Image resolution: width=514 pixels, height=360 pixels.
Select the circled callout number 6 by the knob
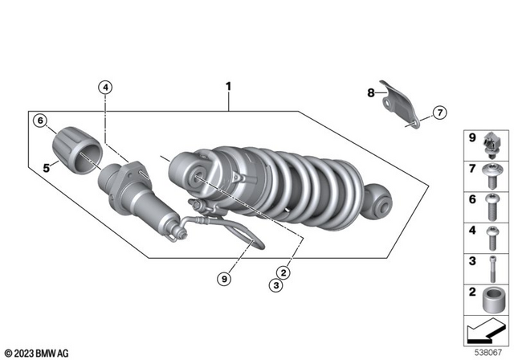(39, 121)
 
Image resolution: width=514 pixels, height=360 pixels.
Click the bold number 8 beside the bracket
(371, 93)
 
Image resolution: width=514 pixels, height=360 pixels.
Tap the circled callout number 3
(276, 285)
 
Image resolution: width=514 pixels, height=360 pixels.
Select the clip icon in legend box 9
(492, 145)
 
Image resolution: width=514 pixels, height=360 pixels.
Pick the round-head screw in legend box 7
(492, 174)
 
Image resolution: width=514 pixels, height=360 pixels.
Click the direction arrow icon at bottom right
(485, 331)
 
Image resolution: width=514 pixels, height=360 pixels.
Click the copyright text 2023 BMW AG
(37, 352)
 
